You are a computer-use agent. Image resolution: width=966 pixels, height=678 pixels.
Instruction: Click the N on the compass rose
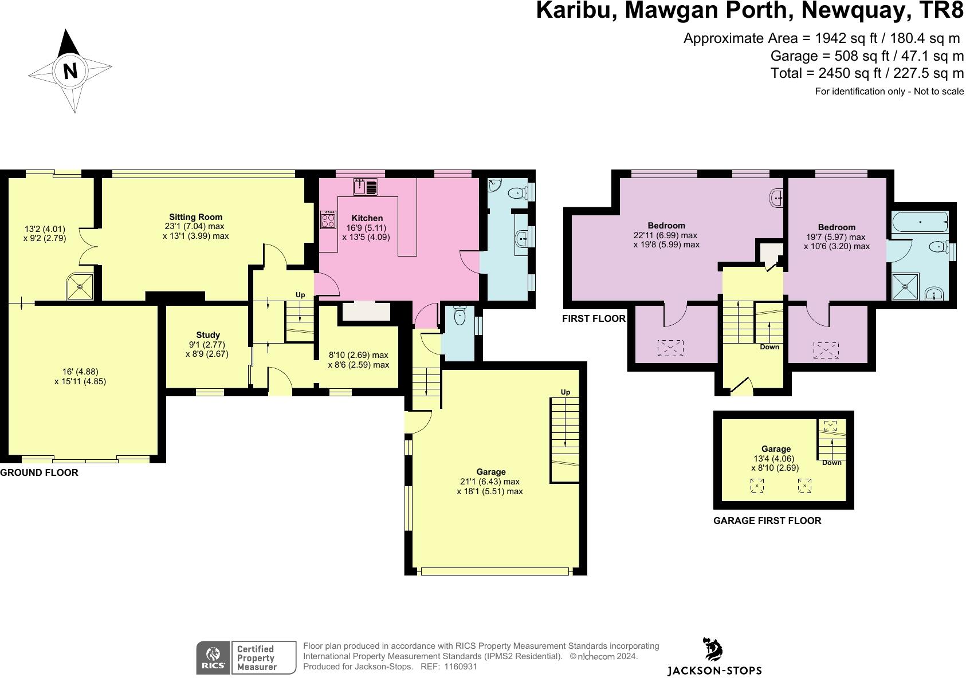pyautogui.click(x=70, y=71)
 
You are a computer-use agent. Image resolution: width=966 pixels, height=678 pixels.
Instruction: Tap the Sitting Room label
pyautogui.click(x=195, y=217)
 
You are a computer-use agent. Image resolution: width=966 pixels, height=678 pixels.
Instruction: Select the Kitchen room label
pyautogui.click(x=367, y=218)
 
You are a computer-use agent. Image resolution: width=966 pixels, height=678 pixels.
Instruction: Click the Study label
pyautogui.click(x=207, y=335)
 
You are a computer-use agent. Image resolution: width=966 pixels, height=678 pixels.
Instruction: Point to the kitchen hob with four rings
pyautogui.click(x=328, y=220)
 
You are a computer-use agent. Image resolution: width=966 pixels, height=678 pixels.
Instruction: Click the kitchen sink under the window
pyautogui.click(x=366, y=187)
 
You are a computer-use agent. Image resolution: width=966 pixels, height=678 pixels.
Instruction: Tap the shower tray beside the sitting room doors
pyautogui.click(x=81, y=286)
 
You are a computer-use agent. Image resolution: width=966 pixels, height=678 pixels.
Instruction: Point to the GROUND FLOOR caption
pyautogui.click(x=39, y=472)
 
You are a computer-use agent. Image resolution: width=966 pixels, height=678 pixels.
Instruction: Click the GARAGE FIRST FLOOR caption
pyautogui.click(x=767, y=521)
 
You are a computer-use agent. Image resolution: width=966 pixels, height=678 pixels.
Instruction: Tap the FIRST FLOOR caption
pyautogui.click(x=594, y=318)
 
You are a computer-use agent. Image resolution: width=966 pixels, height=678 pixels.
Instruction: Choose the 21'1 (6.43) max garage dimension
pyautogui.click(x=490, y=482)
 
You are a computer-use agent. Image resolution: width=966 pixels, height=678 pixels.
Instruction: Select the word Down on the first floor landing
pyautogui.click(x=769, y=347)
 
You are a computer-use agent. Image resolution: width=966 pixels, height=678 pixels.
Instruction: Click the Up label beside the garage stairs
pyautogui.click(x=565, y=392)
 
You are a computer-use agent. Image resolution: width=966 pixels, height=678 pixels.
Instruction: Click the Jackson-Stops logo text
pyautogui.click(x=714, y=670)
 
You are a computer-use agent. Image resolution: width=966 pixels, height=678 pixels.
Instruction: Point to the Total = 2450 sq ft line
pyautogui.click(x=867, y=73)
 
